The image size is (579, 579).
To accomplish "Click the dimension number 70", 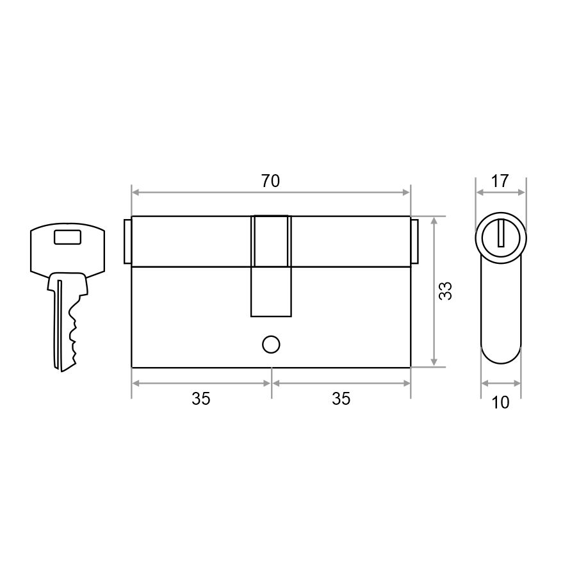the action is [x=271, y=181].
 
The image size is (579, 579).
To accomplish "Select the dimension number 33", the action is [x=445, y=291].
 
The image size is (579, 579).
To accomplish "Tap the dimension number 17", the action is [x=500, y=181].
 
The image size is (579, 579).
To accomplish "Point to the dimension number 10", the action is [x=500, y=402].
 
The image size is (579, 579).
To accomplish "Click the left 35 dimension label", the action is [x=201, y=399].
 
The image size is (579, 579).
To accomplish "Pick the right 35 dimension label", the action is [x=341, y=399].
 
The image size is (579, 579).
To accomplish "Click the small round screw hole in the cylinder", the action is [x=271, y=345].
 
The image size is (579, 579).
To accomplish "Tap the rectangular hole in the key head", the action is [x=68, y=237].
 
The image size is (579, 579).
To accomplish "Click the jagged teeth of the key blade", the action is [x=72, y=332].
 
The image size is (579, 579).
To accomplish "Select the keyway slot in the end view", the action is [x=501, y=233].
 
